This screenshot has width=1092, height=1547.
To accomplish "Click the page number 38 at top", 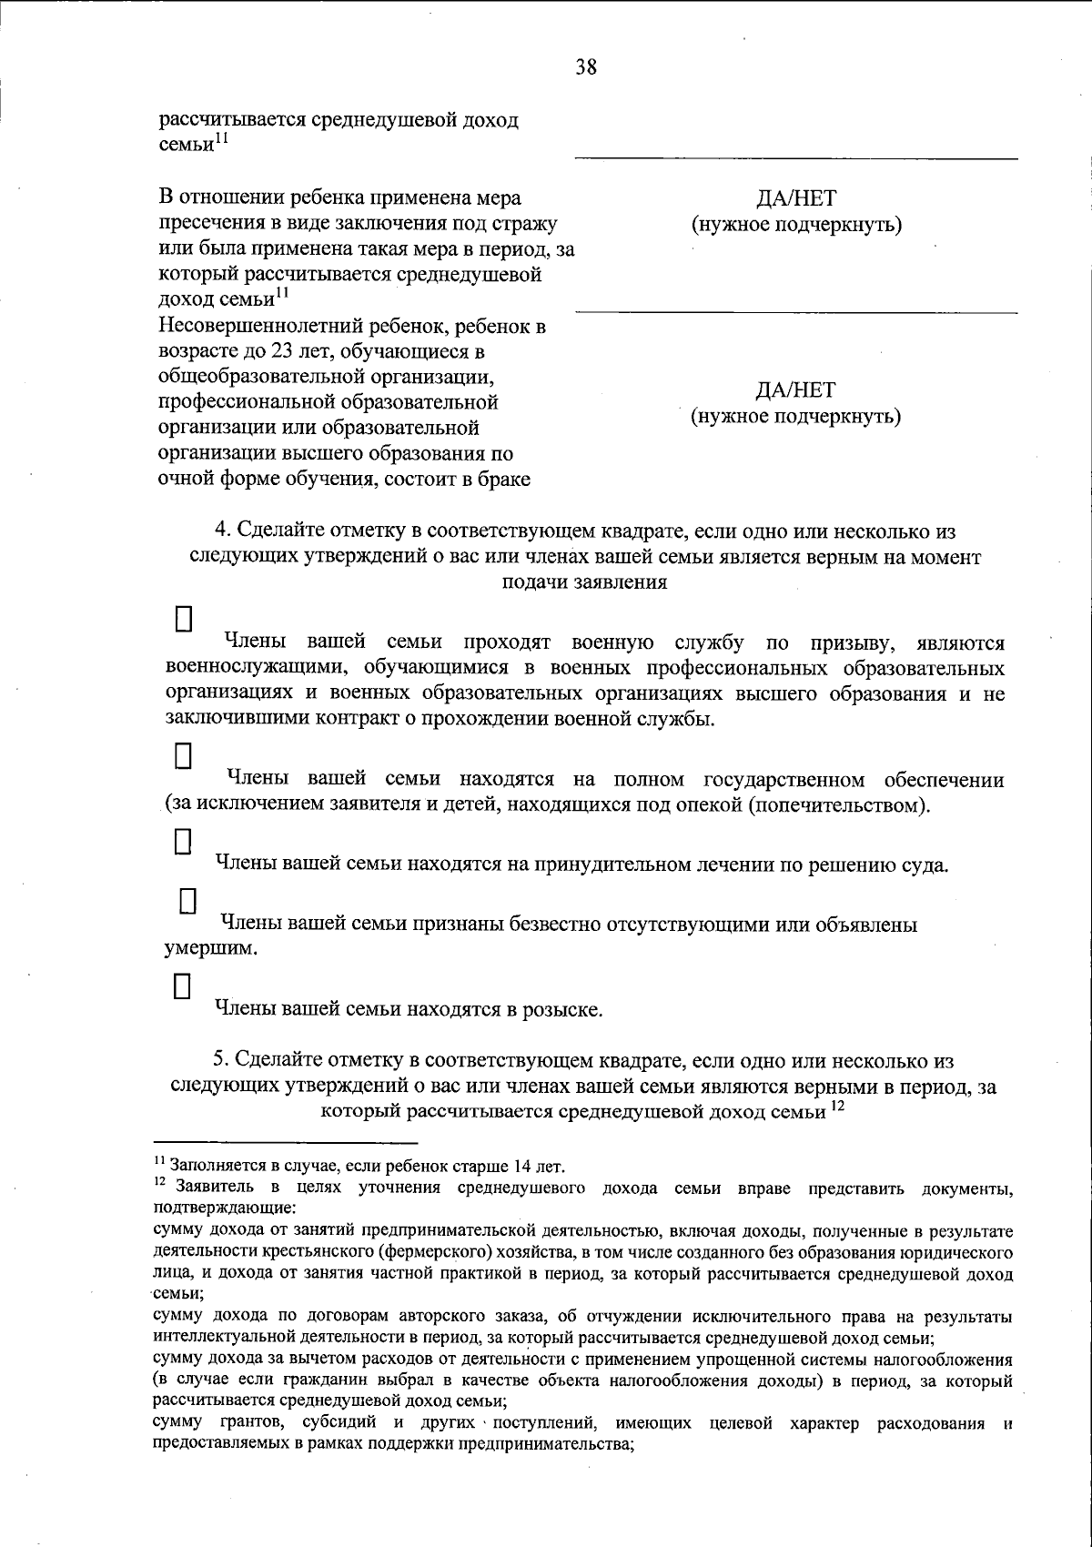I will pyautogui.click(x=585, y=66).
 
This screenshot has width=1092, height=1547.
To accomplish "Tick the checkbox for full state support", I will pyautogui.click(x=184, y=756).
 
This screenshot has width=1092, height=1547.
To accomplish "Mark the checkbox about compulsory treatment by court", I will pyautogui.click(x=184, y=840).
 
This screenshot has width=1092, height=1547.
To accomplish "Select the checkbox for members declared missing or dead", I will pyautogui.click(x=188, y=901).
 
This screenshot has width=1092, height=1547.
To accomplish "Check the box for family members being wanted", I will pyautogui.click(x=183, y=986).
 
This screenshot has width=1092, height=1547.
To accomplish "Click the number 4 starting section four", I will pyautogui.click(x=218, y=531).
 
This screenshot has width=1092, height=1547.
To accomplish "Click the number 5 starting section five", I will pyautogui.click(x=218, y=1060).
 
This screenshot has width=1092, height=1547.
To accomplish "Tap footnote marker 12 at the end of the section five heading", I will pyautogui.click(x=838, y=1106).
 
